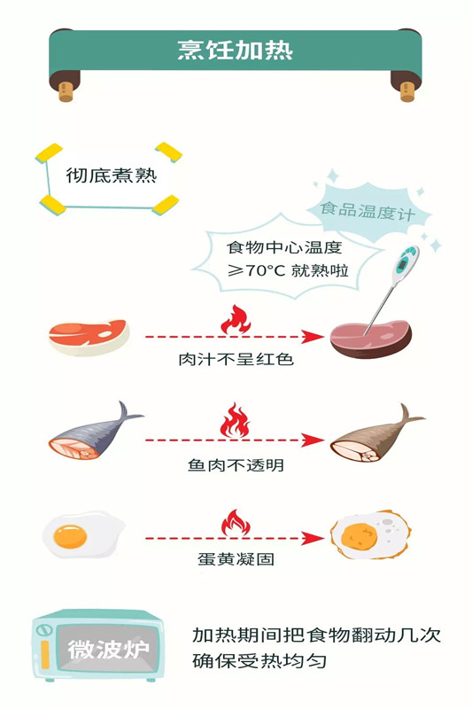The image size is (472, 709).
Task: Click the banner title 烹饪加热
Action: (x=235, y=50)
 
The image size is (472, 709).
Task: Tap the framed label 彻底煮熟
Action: (x=111, y=175)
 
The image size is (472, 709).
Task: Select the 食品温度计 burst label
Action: (x=368, y=211)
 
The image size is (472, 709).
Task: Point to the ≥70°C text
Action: (x=256, y=270)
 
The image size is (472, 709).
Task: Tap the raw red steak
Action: (x=89, y=337)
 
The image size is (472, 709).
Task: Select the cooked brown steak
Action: (x=371, y=339)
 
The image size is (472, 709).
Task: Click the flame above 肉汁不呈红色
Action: (x=236, y=320)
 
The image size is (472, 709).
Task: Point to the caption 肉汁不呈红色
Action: (x=236, y=360)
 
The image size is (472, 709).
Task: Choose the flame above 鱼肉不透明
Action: (x=235, y=421)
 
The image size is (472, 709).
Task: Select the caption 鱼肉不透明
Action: (x=236, y=464)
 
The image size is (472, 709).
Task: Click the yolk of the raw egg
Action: (x=70, y=536)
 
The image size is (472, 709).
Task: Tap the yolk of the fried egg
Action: (x=359, y=535)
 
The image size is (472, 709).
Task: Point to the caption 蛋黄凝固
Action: (x=236, y=559)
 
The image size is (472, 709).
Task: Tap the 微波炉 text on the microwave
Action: (x=108, y=650)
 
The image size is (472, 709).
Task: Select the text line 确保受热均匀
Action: (x=259, y=661)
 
